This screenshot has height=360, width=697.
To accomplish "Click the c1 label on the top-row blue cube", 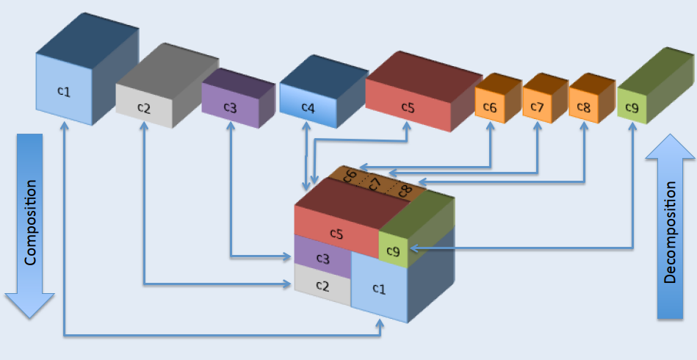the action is [64, 91].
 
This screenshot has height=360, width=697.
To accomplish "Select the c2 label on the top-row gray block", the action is [144, 108].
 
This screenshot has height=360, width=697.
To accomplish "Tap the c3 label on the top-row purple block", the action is [231, 107].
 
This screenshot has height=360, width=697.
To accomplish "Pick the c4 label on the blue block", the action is [308, 107].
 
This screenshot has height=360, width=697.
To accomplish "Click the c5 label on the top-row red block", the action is [408, 107].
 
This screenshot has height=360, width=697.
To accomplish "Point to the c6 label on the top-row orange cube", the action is [490, 107].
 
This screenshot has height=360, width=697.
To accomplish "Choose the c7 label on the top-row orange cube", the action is [537, 107].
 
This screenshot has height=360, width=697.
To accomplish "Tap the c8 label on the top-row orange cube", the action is [584, 107].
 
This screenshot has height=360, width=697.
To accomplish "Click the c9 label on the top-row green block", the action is [632, 107].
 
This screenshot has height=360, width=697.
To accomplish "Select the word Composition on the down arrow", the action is [30, 223].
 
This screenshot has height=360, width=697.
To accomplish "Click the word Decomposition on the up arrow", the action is [670, 232].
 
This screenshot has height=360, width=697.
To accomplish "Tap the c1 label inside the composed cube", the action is [379, 289].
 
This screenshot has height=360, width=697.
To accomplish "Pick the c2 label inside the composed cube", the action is [322, 286].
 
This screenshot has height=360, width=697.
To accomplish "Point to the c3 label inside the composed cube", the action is [322, 259].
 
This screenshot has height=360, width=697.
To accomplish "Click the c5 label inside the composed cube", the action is [336, 234].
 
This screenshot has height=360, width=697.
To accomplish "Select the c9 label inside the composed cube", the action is [394, 251].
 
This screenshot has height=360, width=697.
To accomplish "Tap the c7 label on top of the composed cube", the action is [375, 183].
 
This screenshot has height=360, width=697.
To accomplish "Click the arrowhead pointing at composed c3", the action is [287, 256].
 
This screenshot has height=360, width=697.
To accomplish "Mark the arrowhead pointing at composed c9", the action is [413, 248].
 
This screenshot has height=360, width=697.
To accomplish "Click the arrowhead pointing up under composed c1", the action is [380, 323].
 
